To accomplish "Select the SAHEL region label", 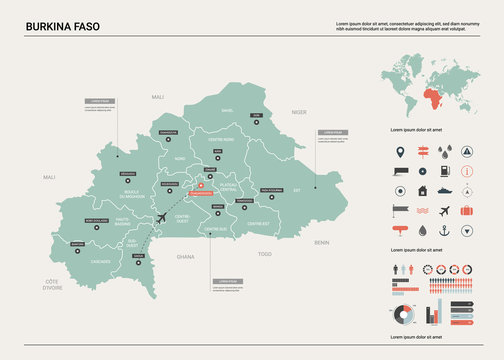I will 227,110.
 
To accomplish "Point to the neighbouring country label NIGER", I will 298,113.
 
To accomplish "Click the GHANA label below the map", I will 186,257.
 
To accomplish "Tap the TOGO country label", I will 264,254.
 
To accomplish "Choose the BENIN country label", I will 321,242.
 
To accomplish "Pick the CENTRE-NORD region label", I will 221,139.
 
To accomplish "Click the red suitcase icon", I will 444,211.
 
